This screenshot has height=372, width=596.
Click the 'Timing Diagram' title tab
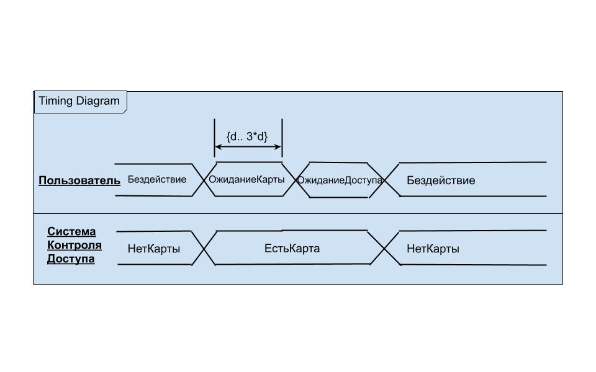point(80,102)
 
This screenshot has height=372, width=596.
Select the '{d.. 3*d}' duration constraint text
point(247,136)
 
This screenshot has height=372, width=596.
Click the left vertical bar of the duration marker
point(215,138)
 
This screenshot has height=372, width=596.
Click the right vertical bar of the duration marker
point(282,138)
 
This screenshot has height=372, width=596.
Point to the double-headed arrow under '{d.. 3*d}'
point(248,148)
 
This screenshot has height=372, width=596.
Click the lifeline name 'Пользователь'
point(79,180)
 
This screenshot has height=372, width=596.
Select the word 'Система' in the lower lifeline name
point(71,231)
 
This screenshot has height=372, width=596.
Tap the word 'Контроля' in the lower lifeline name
point(74,245)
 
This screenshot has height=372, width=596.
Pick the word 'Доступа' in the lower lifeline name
point(71,259)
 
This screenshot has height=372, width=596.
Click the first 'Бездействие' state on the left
point(157,180)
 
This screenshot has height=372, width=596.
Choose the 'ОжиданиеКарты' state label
point(247,180)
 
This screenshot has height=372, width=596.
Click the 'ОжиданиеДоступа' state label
point(339,180)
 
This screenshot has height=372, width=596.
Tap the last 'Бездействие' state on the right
point(441,180)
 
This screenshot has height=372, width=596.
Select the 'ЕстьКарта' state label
point(292,249)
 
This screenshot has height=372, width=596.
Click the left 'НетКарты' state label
point(154,249)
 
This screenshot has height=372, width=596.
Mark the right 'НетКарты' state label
point(433,249)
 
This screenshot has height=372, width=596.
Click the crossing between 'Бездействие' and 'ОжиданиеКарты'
point(204,180)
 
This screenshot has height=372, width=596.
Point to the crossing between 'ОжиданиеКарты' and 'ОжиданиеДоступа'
point(295,180)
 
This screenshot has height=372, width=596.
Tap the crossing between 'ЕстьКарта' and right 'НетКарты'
point(385,248)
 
